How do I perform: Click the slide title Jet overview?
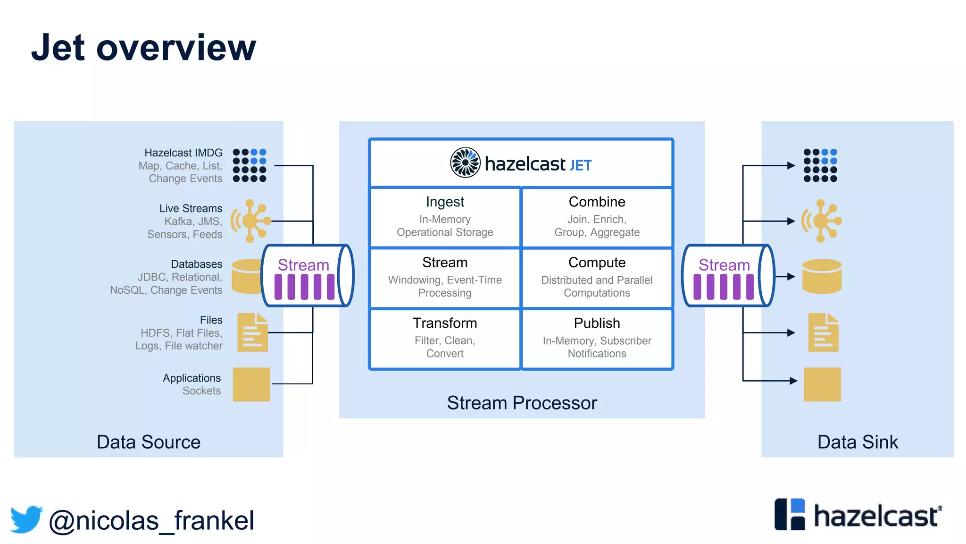(x=143, y=48)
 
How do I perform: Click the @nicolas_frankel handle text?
(x=151, y=520)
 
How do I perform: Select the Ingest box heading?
(x=445, y=202)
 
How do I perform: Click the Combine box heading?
(x=597, y=202)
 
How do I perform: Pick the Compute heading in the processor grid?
(x=597, y=263)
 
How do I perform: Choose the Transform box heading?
(x=445, y=323)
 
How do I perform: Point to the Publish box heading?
(x=597, y=323)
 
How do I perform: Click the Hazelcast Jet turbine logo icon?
(x=465, y=162)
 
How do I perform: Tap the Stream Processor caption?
(x=522, y=403)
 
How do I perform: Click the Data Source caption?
(x=149, y=442)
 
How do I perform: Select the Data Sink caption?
(x=858, y=442)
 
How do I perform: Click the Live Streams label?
(x=191, y=208)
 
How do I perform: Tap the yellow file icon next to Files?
(x=252, y=332)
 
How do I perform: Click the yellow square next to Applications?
(x=251, y=384)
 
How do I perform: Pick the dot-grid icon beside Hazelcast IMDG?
(x=250, y=165)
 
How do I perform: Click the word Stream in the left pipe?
(x=303, y=265)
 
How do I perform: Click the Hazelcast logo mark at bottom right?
(x=790, y=514)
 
